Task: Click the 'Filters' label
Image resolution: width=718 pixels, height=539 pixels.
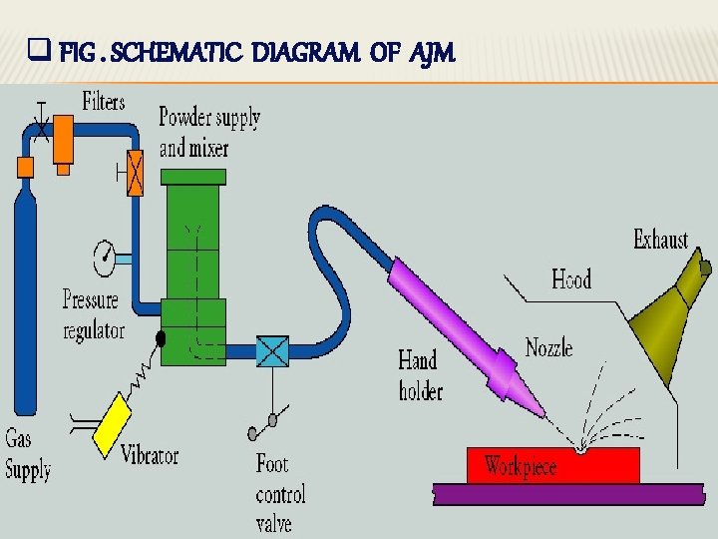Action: point(103,102)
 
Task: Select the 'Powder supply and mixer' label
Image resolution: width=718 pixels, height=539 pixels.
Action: point(208,133)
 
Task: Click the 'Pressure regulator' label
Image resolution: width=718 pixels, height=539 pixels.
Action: point(92,314)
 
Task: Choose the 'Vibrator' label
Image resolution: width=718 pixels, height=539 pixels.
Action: point(150,455)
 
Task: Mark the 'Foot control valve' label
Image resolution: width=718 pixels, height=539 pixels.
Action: point(280,493)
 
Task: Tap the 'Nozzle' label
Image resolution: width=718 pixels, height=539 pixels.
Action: point(548,348)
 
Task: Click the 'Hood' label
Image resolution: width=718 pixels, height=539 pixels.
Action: point(571,278)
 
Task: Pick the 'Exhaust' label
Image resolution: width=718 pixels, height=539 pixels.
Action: point(660,240)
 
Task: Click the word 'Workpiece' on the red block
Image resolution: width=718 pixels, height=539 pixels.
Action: point(520,466)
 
